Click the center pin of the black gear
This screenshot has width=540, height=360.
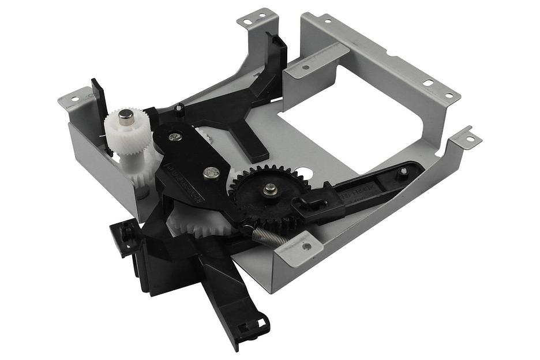(x=269, y=188)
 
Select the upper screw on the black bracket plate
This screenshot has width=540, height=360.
(x=175, y=137)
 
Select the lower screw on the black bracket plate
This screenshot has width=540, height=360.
(x=212, y=171)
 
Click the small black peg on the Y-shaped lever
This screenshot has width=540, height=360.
(x=180, y=108)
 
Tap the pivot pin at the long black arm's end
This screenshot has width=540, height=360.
(x=403, y=171)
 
